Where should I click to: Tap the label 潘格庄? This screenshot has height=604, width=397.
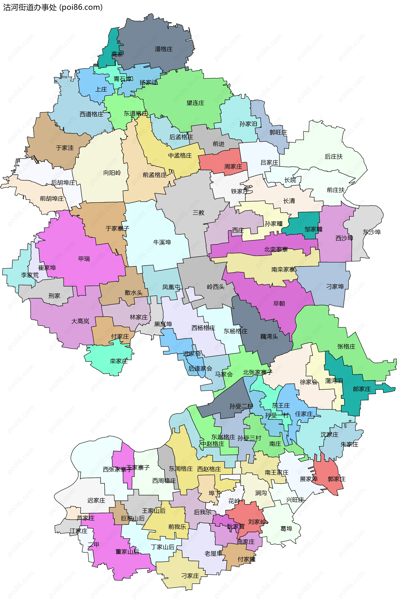[x=164, y=49]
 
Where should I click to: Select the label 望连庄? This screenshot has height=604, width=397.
[x=195, y=103]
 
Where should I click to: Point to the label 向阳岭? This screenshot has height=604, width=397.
[x=112, y=173]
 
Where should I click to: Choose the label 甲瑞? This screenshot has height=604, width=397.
[x=84, y=259]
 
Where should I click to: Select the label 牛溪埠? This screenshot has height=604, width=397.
[x=162, y=242]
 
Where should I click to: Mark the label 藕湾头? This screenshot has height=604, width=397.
[x=269, y=337]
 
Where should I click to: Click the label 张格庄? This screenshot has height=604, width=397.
[x=346, y=346]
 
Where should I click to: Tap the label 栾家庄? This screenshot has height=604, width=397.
[x=119, y=361]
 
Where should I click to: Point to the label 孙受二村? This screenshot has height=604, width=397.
[x=241, y=406]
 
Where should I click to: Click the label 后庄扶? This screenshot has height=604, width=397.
[x=334, y=157]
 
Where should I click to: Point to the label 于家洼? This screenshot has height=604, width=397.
[x=65, y=148]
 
